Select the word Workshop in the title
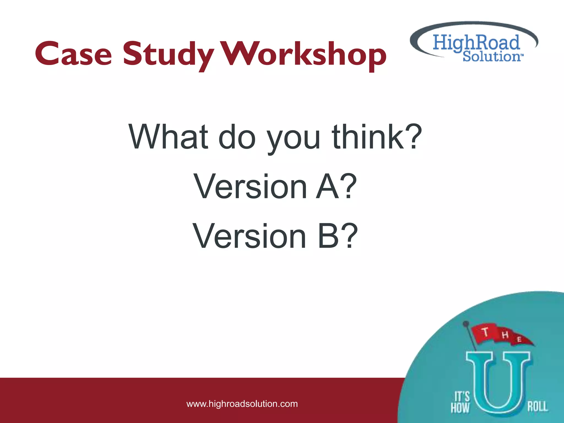(304, 55)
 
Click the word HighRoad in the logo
(476, 43)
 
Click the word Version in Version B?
(250, 236)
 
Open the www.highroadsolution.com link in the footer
(242, 404)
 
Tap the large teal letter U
(498, 383)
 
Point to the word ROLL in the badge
(537, 406)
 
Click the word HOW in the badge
(460, 408)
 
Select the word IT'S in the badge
(462, 397)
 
